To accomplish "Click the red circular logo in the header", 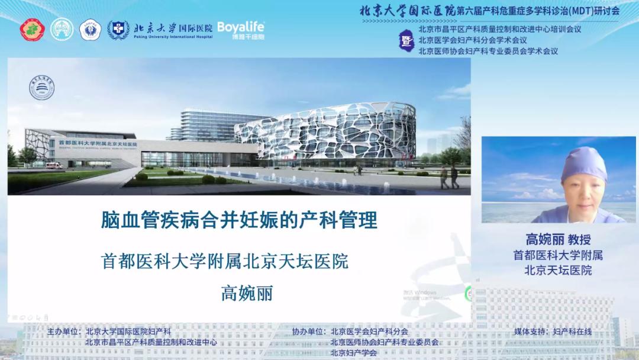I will tap(33, 30).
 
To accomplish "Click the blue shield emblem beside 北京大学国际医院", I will tap(118, 30).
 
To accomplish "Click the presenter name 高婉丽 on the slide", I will tap(247, 292).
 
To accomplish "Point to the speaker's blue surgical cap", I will tap(584, 164).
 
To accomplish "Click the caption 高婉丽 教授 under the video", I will tap(558, 240).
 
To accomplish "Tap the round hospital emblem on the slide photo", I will tap(42, 88).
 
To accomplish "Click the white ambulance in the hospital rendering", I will tap(54, 165).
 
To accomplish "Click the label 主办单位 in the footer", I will tap(64, 332).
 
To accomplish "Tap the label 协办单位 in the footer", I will tap(309, 332).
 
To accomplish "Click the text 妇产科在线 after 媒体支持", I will tap(572, 332).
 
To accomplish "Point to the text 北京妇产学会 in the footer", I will tap(353, 352).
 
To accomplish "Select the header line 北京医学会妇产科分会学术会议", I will tap(472, 40).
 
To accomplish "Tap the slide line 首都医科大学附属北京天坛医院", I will tap(225, 262).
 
